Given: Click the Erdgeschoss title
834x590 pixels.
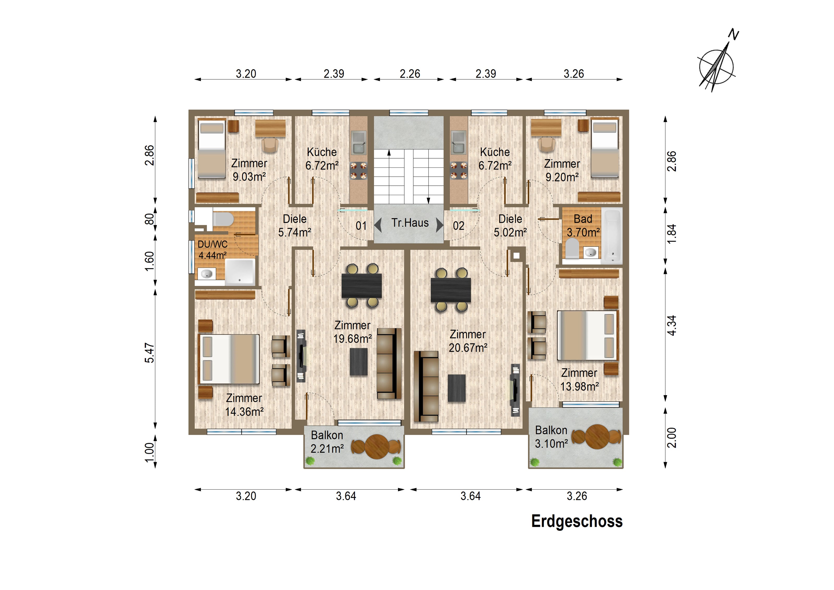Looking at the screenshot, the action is coord(577,521).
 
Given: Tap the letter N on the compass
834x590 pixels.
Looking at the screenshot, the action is coord(734,34).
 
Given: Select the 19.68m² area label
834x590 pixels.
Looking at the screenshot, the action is coord(352,339).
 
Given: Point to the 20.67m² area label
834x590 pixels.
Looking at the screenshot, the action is coord(468,347).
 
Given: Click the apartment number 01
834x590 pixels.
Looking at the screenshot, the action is coord(361,226).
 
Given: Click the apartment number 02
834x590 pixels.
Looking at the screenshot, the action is coord(458,226).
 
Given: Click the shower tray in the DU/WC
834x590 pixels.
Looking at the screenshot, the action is coord(240,271).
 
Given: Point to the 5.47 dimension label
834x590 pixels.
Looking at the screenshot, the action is coord(150,353).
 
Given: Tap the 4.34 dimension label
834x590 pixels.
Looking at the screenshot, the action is coord(672,325).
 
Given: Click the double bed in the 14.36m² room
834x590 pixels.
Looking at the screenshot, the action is coord(229,359).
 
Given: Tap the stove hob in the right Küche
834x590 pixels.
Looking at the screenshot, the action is coord(459,171).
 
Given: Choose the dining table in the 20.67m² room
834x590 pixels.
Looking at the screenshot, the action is coord(451,290).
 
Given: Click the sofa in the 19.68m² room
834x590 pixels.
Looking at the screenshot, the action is coord(389,364).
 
